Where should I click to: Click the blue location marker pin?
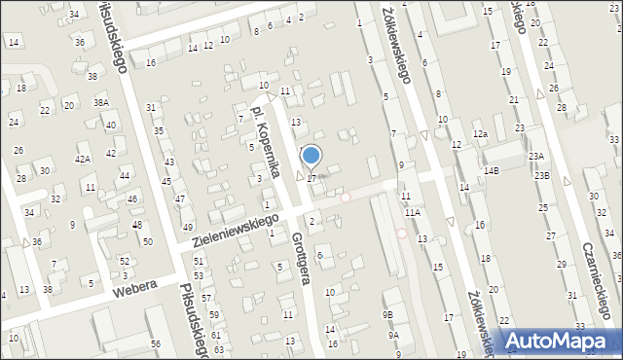(x=311, y=156)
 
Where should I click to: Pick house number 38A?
(x=100, y=102)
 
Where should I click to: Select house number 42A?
(x=83, y=159)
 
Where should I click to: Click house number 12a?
(x=479, y=133)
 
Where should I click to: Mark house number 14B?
(x=492, y=171)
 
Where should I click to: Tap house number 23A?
(x=535, y=156)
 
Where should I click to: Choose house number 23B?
(x=540, y=176)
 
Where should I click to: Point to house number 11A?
(x=413, y=212)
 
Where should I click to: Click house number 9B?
(x=386, y=314)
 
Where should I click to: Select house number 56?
(x=155, y=345)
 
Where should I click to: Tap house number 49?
(x=188, y=227)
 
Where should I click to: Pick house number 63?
(x=219, y=349)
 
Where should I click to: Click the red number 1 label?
(x=267, y=204)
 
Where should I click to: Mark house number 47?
(x=179, y=199)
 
